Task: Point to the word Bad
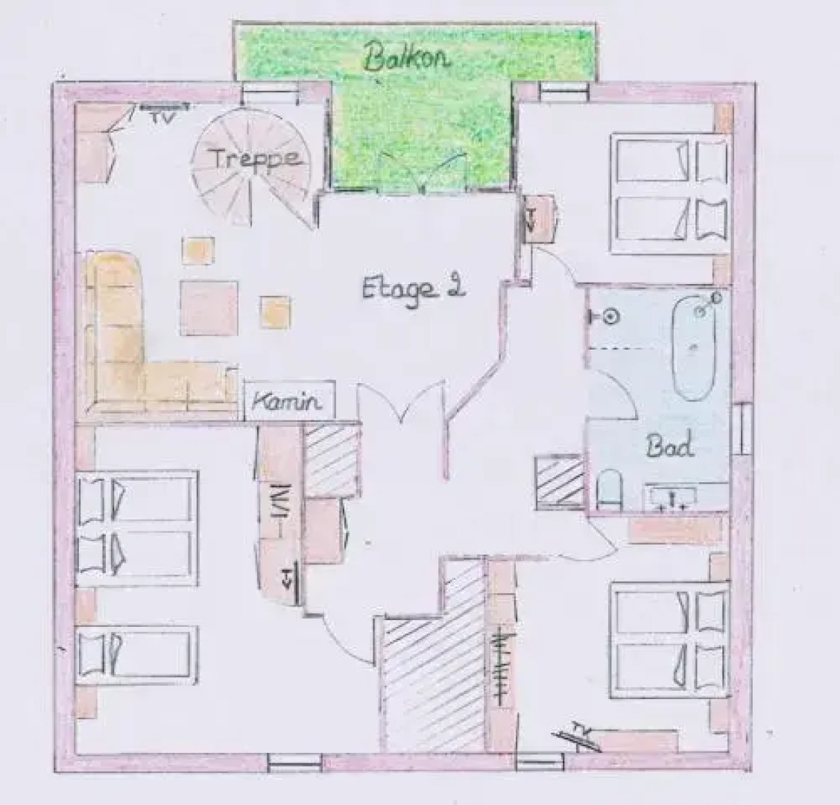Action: [x=670, y=446]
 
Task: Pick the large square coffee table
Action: [x=209, y=307]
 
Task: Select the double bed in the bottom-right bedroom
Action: [x=669, y=638]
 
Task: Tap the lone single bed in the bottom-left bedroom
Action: [x=137, y=654]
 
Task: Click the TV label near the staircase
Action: [x=158, y=116]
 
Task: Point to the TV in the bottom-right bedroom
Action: [x=579, y=733]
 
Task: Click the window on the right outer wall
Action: [x=742, y=429]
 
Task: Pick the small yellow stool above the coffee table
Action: [x=199, y=250]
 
